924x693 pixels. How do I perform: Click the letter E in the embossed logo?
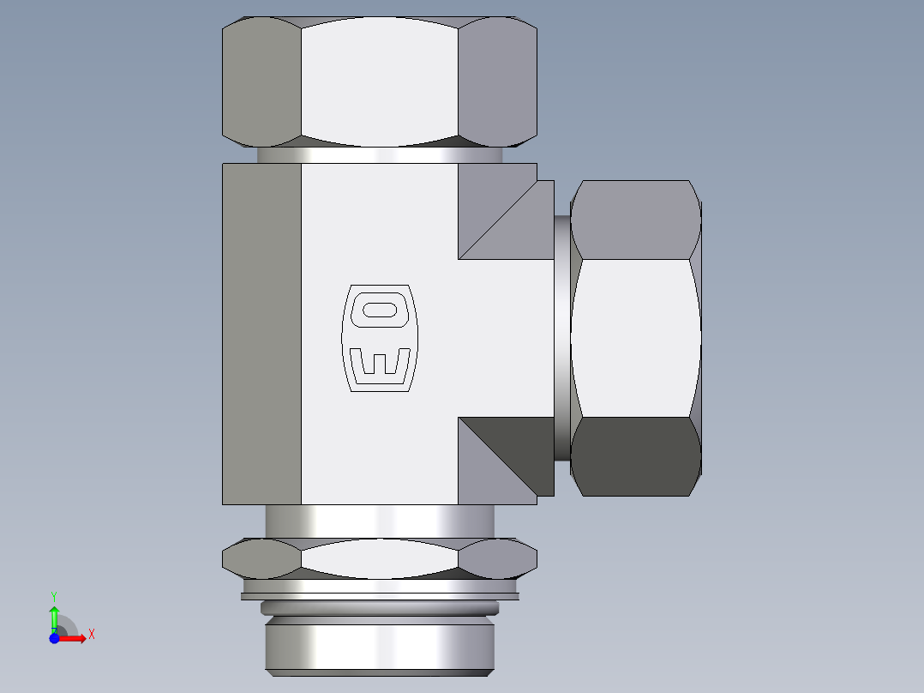(379, 364)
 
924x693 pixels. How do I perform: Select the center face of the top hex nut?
(379, 81)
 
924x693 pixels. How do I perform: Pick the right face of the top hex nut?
(497, 81)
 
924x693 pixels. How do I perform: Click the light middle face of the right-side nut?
(635, 338)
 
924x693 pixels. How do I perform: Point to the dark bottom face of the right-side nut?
(635, 456)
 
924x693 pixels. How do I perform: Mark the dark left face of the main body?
(261, 334)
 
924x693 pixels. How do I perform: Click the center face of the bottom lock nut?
(379, 558)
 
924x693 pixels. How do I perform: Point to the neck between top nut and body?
(379, 155)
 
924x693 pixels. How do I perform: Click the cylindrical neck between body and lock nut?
(379, 521)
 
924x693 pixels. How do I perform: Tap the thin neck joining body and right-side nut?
(561, 338)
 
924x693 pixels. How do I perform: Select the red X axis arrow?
(77, 637)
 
